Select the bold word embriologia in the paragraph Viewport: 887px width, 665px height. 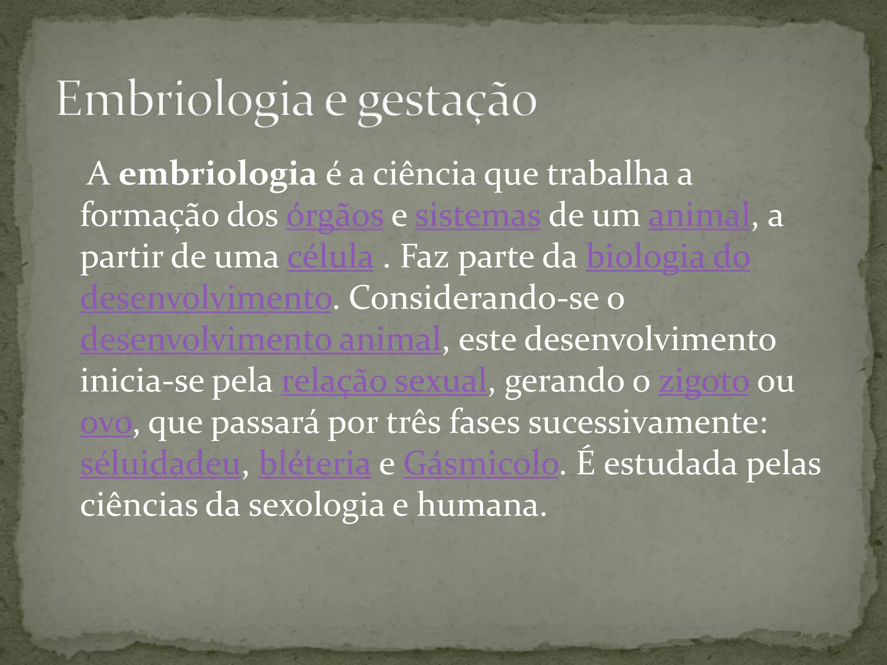pyautogui.click(x=217, y=174)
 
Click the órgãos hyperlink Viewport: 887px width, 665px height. pyautogui.click(x=334, y=216)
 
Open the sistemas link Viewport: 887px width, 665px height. pyautogui.click(x=477, y=216)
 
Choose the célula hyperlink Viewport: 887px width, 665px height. pyautogui.click(x=330, y=258)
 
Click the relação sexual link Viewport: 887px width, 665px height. pyautogui.click(x=384, y=381)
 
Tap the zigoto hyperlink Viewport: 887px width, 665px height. pyautogui.click(x=703, y=381)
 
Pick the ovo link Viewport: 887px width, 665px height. pyautogui.click(x=106, y=423)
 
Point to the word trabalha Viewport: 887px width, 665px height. pyautogui.click(x=608, y=174)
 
